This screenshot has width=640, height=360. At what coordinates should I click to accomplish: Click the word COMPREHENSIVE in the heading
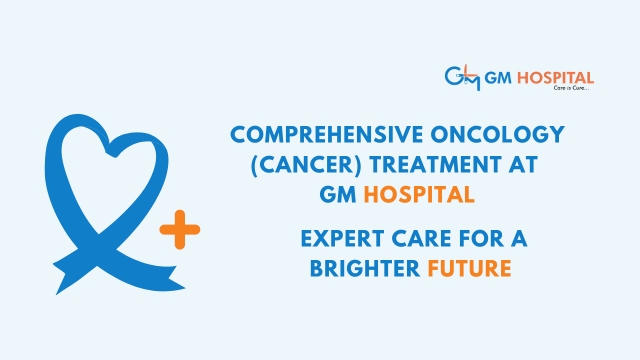click(x=327, y=135)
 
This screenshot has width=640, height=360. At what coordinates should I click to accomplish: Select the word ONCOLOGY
click(x=498, y=135)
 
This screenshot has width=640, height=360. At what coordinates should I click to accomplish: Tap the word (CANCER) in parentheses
click(x=306, y=165)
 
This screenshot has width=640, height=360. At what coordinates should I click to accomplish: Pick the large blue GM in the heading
click(x=338, y=194)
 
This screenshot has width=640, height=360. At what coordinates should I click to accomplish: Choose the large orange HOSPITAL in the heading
click(x=419, y=194)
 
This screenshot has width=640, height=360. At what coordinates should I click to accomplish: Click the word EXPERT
click(x=342, y=239)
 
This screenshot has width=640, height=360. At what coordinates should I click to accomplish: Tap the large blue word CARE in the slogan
click(x=422, y=239)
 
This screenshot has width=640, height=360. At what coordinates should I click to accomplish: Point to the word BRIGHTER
click(x=365, y=269)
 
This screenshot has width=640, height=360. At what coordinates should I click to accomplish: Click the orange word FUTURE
click(x=469, y=269)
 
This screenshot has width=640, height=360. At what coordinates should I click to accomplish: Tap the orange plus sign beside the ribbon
click(x=180, y=229)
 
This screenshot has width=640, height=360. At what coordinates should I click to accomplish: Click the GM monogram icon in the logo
click(x=462, y=78)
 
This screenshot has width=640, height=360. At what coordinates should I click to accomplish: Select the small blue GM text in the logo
click(x=498, y=78)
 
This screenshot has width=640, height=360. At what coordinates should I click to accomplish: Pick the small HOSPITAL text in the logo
click(x=556, y=78)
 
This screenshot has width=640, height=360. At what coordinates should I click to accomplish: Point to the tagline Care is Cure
click(x=571, y=88)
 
